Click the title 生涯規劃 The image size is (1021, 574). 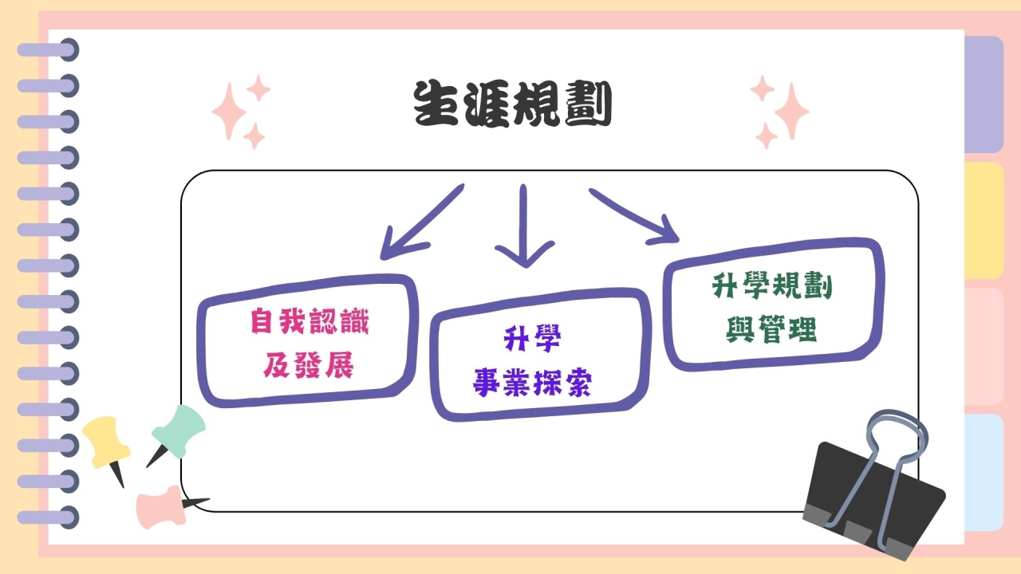512,104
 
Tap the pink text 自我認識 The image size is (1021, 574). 309,321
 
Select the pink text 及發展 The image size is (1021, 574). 308,365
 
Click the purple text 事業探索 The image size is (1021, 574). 532,382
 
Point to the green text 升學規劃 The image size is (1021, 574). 772,286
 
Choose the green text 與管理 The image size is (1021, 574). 771,329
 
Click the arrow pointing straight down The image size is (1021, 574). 524,226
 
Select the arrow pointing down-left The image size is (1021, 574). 422,222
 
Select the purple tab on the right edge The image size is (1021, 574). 984,94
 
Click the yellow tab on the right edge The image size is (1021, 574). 984,221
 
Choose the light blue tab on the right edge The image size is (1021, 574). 984,473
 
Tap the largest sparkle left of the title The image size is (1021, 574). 229,112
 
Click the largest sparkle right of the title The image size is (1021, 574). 792,112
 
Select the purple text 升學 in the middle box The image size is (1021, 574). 532,339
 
